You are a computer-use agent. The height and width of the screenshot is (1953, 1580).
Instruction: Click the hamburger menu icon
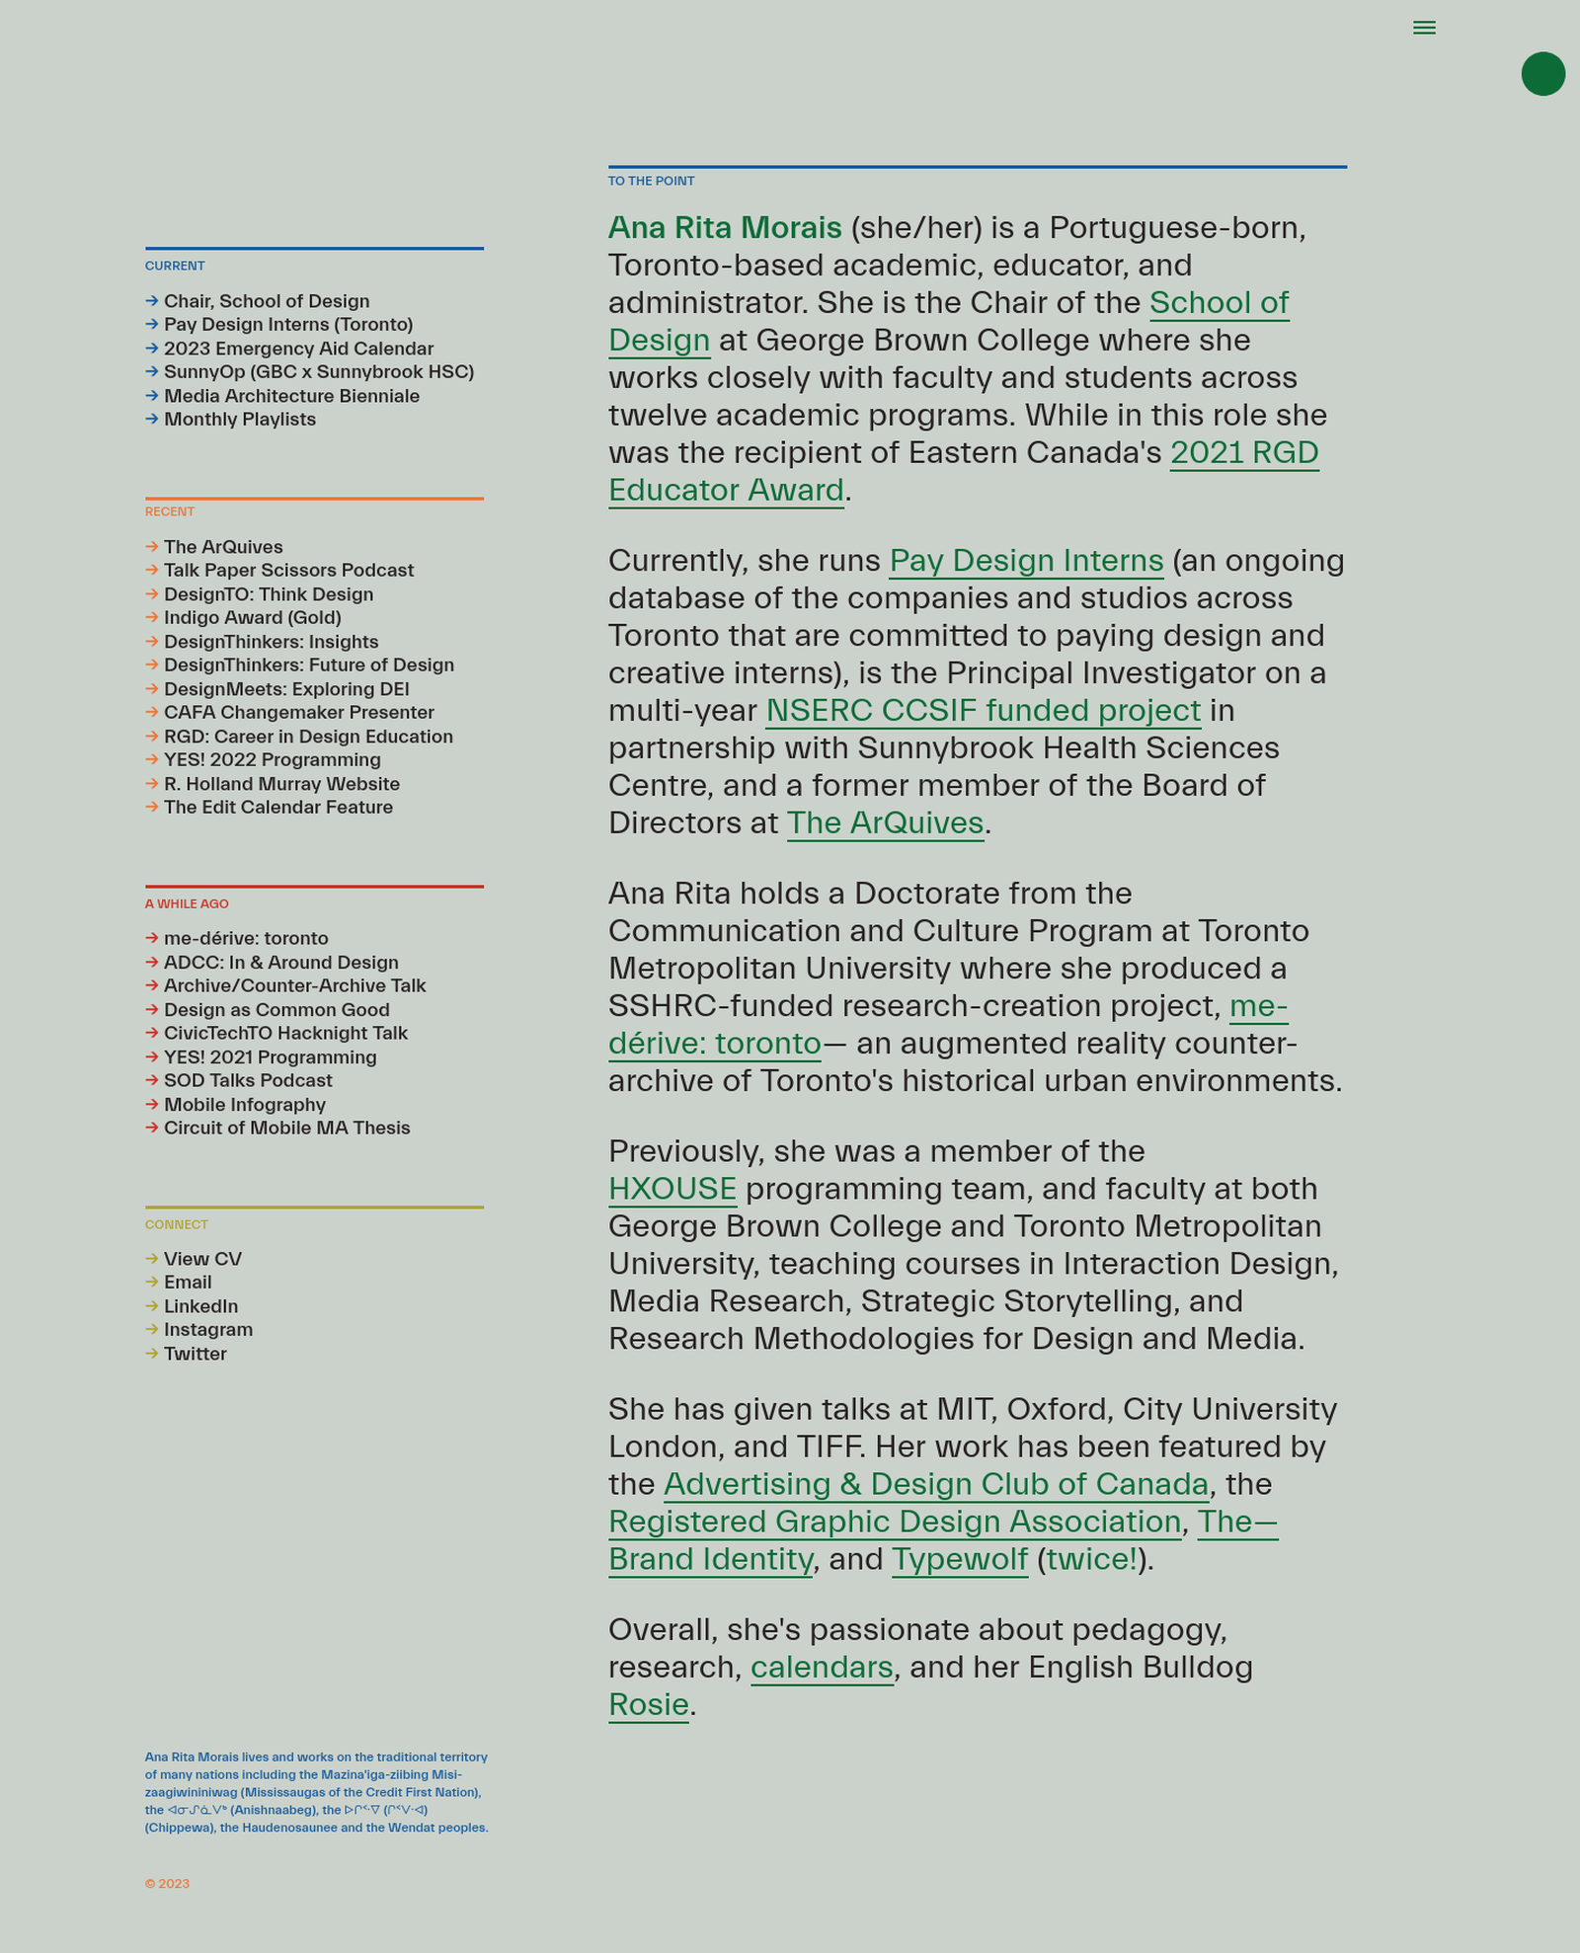pos(1424,28)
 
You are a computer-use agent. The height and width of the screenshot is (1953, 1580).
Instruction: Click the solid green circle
pos(1542,74)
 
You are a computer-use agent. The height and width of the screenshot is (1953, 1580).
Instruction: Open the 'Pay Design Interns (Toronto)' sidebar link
pos(288,325)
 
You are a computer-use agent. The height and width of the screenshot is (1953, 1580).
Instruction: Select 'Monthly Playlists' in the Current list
pos(240,420)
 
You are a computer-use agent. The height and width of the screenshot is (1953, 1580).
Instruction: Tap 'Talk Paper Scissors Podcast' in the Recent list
pos(288,571)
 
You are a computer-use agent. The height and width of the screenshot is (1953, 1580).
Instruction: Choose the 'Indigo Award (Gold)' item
pos(252,618)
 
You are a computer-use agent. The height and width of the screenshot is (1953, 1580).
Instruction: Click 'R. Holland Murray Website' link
pos(281,784)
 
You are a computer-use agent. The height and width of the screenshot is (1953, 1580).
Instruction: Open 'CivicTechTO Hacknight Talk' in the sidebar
pos(285,1033)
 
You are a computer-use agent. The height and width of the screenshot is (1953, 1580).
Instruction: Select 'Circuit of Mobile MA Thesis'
pos(286,1128)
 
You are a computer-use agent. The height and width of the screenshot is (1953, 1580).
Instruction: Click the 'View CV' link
pos(202,1259)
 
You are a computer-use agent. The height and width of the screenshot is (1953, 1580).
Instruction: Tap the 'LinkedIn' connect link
pos(200,1306)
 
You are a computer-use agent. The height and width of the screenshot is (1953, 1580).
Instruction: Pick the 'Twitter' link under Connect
pos(195,1354)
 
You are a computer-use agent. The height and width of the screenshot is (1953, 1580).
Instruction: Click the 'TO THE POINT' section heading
pos(651,182)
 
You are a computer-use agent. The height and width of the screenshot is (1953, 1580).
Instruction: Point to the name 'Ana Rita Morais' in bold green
pos(725,228)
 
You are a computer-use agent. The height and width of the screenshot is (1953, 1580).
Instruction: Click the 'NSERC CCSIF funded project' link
pos(983,711)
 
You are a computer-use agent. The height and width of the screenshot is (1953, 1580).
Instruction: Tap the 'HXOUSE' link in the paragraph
pos(672,1189)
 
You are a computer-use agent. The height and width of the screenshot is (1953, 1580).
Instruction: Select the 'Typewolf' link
pos(959,1559)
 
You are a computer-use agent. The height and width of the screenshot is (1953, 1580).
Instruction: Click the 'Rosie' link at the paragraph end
pos(648,1704)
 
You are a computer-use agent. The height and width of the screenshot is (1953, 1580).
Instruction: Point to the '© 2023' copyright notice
pos(167,1884)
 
